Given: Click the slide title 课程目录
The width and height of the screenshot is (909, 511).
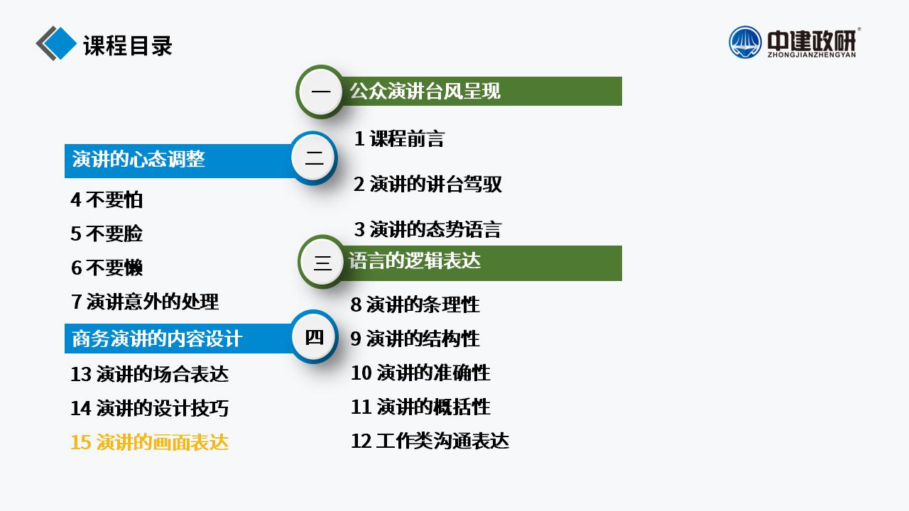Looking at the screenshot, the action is click(x=128, y=45).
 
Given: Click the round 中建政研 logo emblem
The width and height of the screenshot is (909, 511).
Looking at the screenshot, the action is click(x=745, y=42).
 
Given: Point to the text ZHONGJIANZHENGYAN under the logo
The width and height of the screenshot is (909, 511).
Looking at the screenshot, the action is click(x=812, y=55).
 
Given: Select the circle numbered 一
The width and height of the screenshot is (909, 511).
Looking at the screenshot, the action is click(x=320, y=92).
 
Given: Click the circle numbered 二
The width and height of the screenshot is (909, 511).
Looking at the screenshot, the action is click(x=314, y=158).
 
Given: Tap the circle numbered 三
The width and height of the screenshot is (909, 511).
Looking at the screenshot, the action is click(x=322, y=262).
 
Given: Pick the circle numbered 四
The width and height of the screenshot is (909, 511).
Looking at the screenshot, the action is click(x=314, y=336).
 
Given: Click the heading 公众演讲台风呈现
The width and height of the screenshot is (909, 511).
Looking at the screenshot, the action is click(x=425, y=91).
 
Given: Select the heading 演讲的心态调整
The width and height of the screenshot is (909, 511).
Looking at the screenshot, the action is click(x=138, y=159).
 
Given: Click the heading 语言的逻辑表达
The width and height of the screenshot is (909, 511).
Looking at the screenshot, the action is click(x=415, y=260).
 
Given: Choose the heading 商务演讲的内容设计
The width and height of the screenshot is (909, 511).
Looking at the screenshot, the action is click(x=157, y=339).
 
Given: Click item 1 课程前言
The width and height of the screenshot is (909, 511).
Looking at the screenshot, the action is click(x=399, y=138).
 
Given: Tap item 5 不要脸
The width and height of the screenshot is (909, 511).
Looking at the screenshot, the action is click(x=107, y=233).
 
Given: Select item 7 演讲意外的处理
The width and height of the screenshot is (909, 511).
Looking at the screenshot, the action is click(x=145, y=302).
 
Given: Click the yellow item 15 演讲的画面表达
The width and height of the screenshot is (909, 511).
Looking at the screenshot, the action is click(x=149, y=442).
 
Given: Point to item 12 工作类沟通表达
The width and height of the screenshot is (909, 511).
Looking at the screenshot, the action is click(x=430, y=441).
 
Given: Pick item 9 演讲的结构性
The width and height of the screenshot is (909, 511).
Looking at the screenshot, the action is click(x=415, y=339).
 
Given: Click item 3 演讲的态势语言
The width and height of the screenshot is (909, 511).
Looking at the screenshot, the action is click(x=428, y=229).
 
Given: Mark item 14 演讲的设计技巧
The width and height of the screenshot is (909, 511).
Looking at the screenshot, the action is click(x=149, y=408).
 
